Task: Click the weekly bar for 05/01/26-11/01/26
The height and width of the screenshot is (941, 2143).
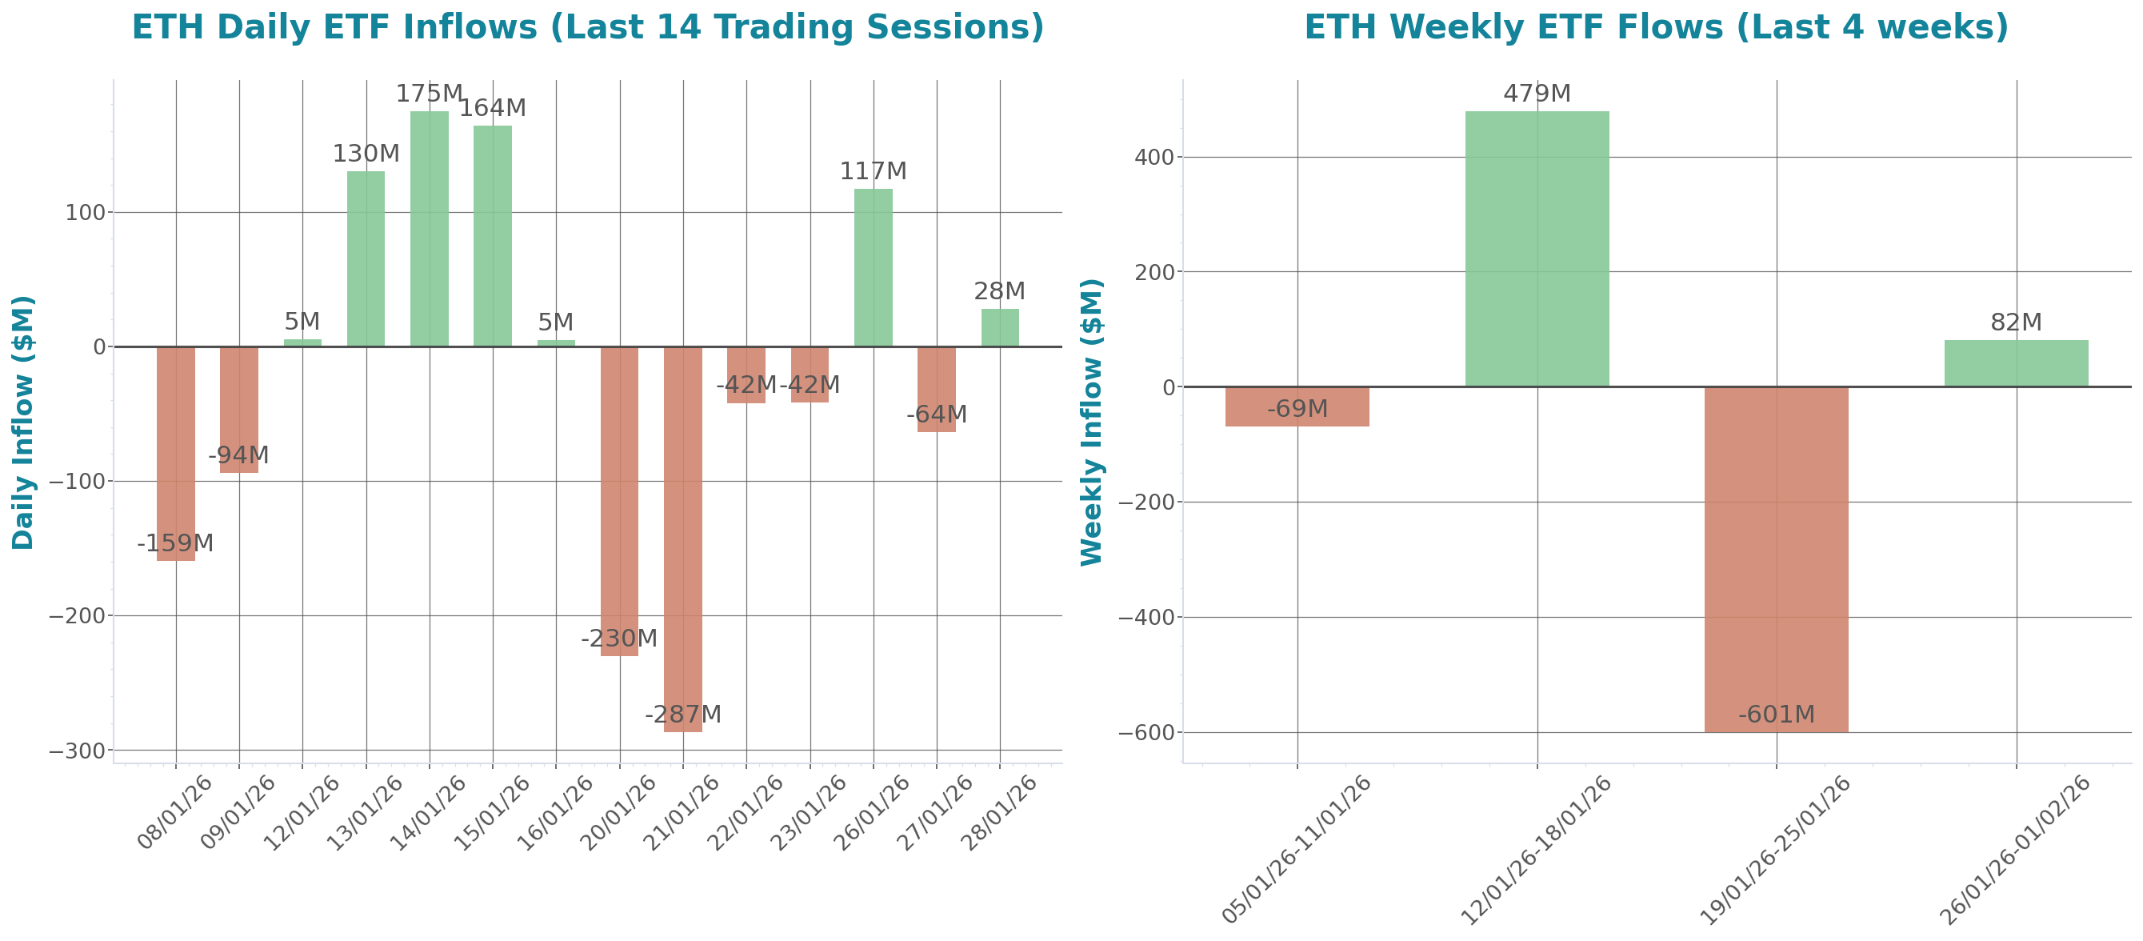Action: tap(1297, 406)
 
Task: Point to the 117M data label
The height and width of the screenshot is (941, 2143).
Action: tap(873, 171)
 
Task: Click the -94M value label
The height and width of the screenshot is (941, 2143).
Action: tap(238, 456)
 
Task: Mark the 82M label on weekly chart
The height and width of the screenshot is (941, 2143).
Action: tap(2016, 322)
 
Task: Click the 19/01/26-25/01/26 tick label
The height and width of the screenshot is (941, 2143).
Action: tap(1775, 849)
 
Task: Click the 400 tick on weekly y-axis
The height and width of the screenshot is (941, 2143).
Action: tap(1153, 158)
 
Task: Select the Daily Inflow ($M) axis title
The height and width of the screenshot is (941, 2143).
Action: tap(22, 422)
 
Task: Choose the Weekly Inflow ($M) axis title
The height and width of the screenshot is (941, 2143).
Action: tap(1090, 422)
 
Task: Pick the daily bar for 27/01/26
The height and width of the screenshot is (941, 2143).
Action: tap(936, 390)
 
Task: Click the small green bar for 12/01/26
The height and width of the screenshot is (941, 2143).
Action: tap(302, 342)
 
